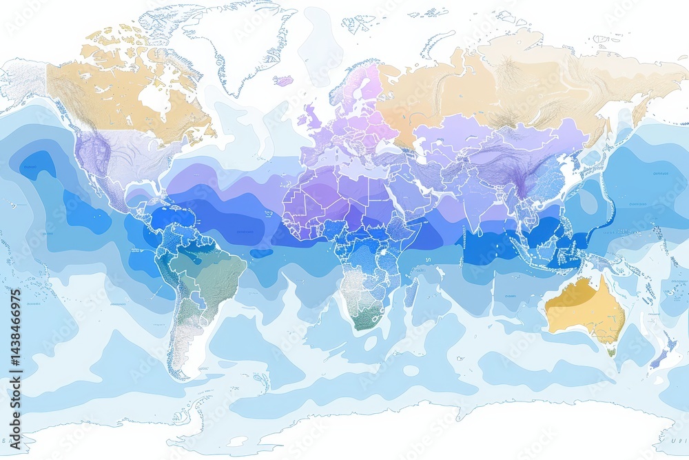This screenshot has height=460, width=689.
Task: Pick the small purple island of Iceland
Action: [283, 81]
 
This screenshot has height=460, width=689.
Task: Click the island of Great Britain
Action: [313, 114]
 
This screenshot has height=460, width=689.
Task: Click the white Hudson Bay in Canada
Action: [155, 100]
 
